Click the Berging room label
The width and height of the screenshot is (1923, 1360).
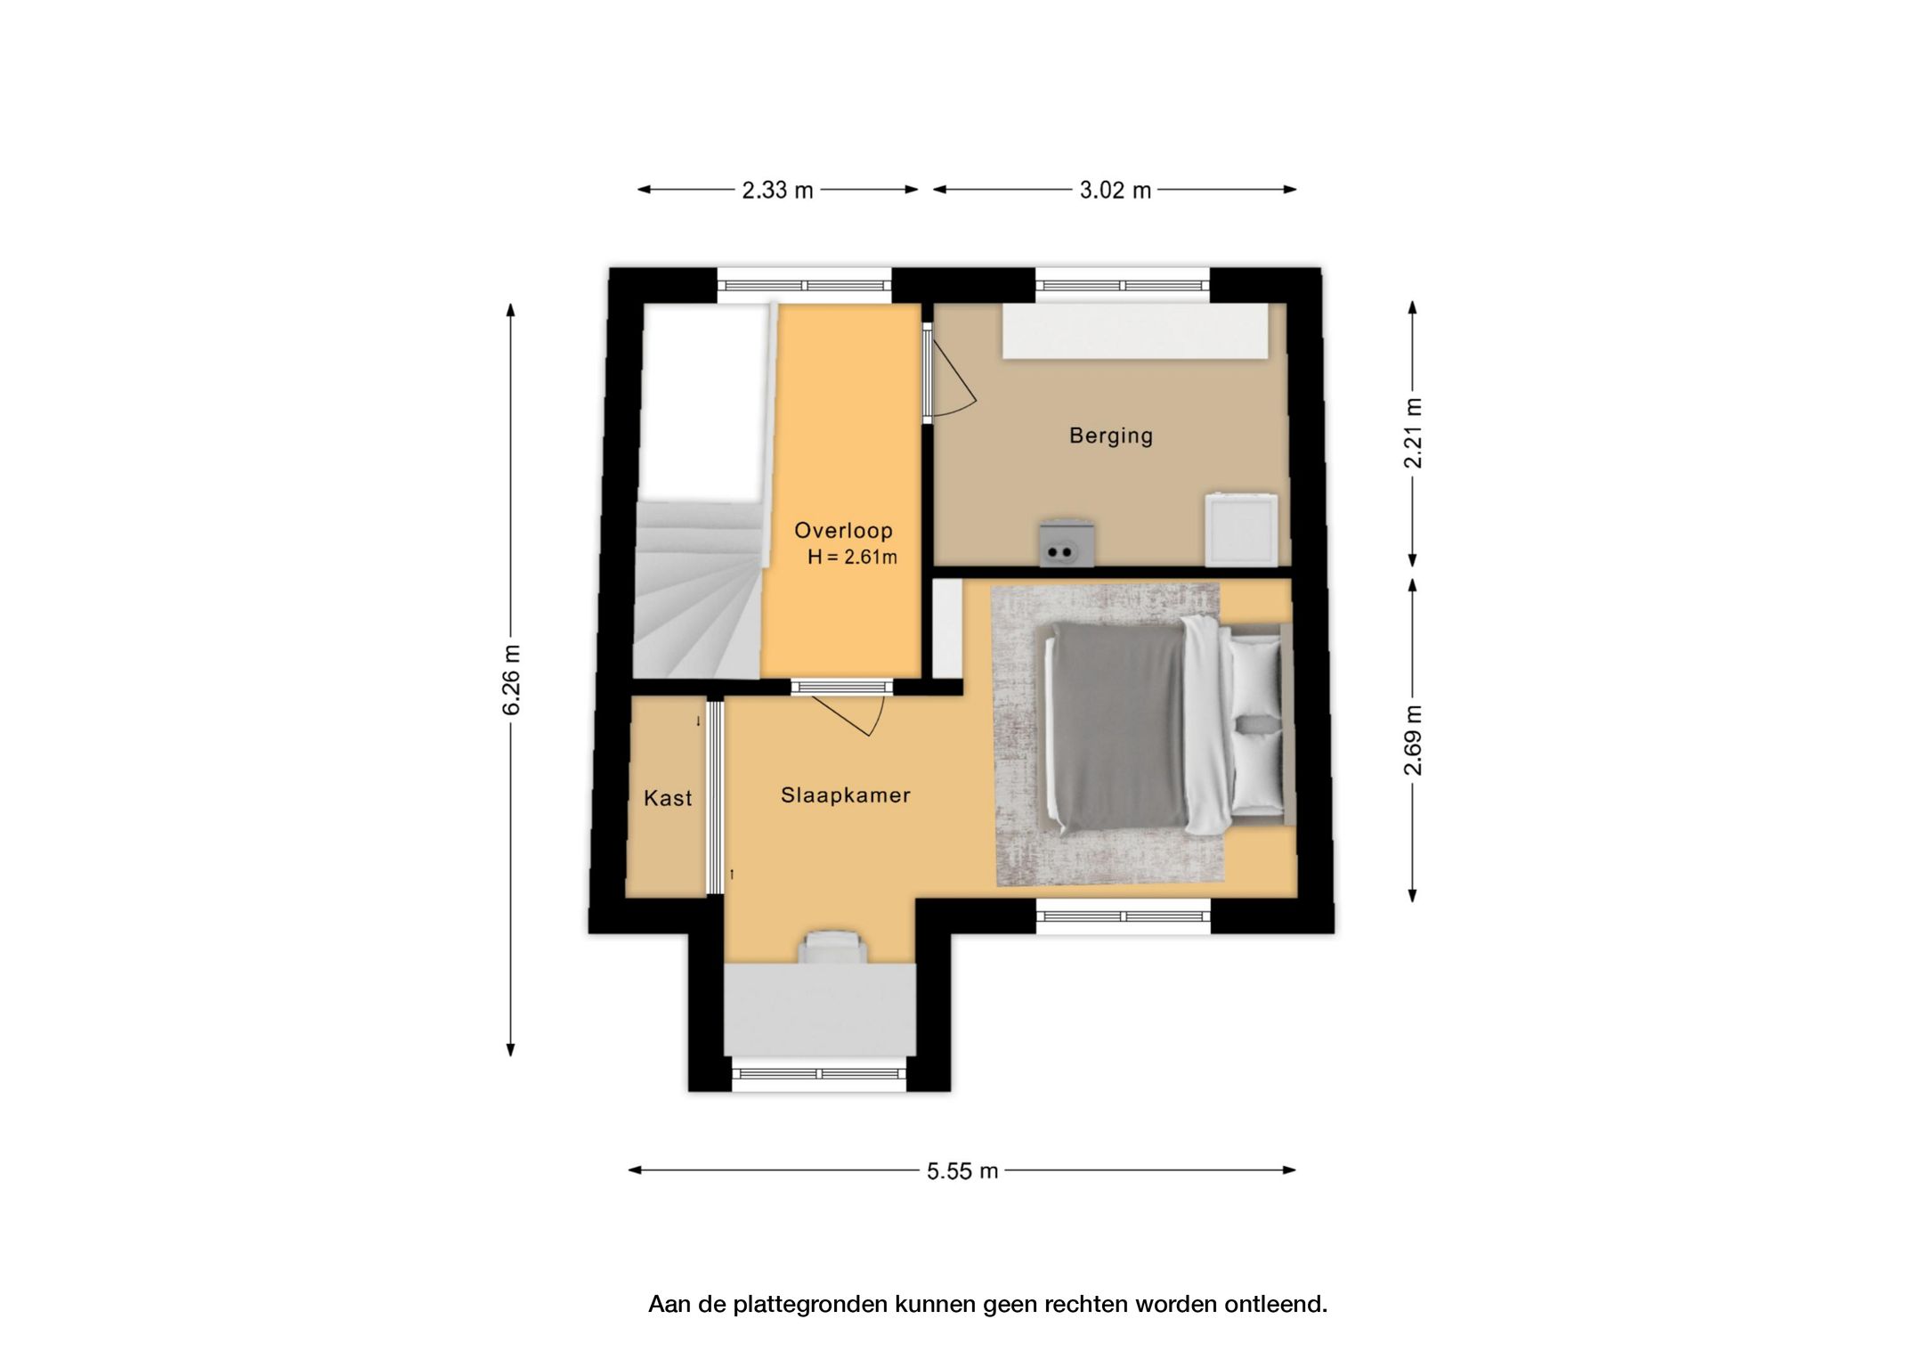point(1110,436)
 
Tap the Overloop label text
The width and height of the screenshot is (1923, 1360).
point(843,531)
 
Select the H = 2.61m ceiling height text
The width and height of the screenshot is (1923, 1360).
point(852,558)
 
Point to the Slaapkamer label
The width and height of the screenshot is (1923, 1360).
point(845,795)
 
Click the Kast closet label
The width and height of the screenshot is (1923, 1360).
point(668,798)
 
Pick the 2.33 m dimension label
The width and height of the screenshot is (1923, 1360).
point(777,191)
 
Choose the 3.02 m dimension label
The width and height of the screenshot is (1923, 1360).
point(1115,191)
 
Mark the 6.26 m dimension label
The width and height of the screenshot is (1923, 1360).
point(511,680)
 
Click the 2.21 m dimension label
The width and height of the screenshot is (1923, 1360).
point(1413,433)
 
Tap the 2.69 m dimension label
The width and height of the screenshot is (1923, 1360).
point(1413,740)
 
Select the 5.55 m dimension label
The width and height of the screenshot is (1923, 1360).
point(961,1171)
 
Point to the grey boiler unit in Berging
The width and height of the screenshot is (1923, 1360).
point(1067,542)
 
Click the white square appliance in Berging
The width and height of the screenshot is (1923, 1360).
point(1241,529)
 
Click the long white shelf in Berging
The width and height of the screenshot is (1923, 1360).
point(1135,331)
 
